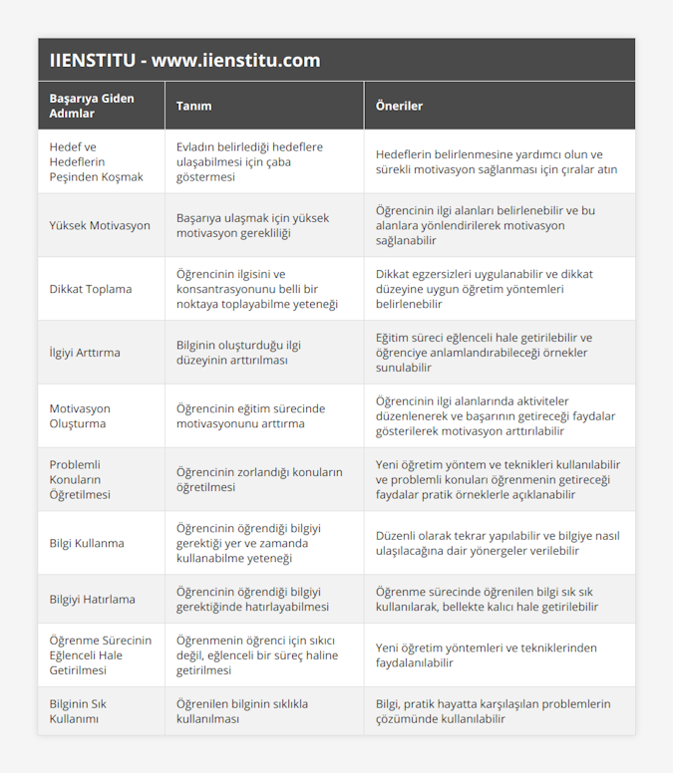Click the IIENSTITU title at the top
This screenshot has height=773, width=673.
[x=184, y=60]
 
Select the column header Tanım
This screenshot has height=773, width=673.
[x=193, y=106]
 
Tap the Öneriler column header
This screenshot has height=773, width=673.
[x=399, y=106]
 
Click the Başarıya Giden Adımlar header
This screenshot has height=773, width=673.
[x=92, y=106]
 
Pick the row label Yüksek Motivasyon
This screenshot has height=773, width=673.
[x=100, y=225]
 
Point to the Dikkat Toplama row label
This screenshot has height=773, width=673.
[x=91, y=289]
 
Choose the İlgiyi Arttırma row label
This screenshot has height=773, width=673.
[x=85, y=353]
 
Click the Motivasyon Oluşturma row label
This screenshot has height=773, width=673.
[x=80, y=415]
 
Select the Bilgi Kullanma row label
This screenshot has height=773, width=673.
[x=87, y=543]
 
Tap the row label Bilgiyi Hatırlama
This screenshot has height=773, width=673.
[x=92, y=599]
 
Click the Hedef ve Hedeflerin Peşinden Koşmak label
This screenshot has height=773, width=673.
[x=96, y=161]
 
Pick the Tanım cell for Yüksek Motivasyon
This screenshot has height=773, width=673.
[x=252, y=225]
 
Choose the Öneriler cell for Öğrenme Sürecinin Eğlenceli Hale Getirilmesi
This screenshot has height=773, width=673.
[x=487, y=654]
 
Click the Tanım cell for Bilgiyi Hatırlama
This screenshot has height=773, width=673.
[x=252, y=599]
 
